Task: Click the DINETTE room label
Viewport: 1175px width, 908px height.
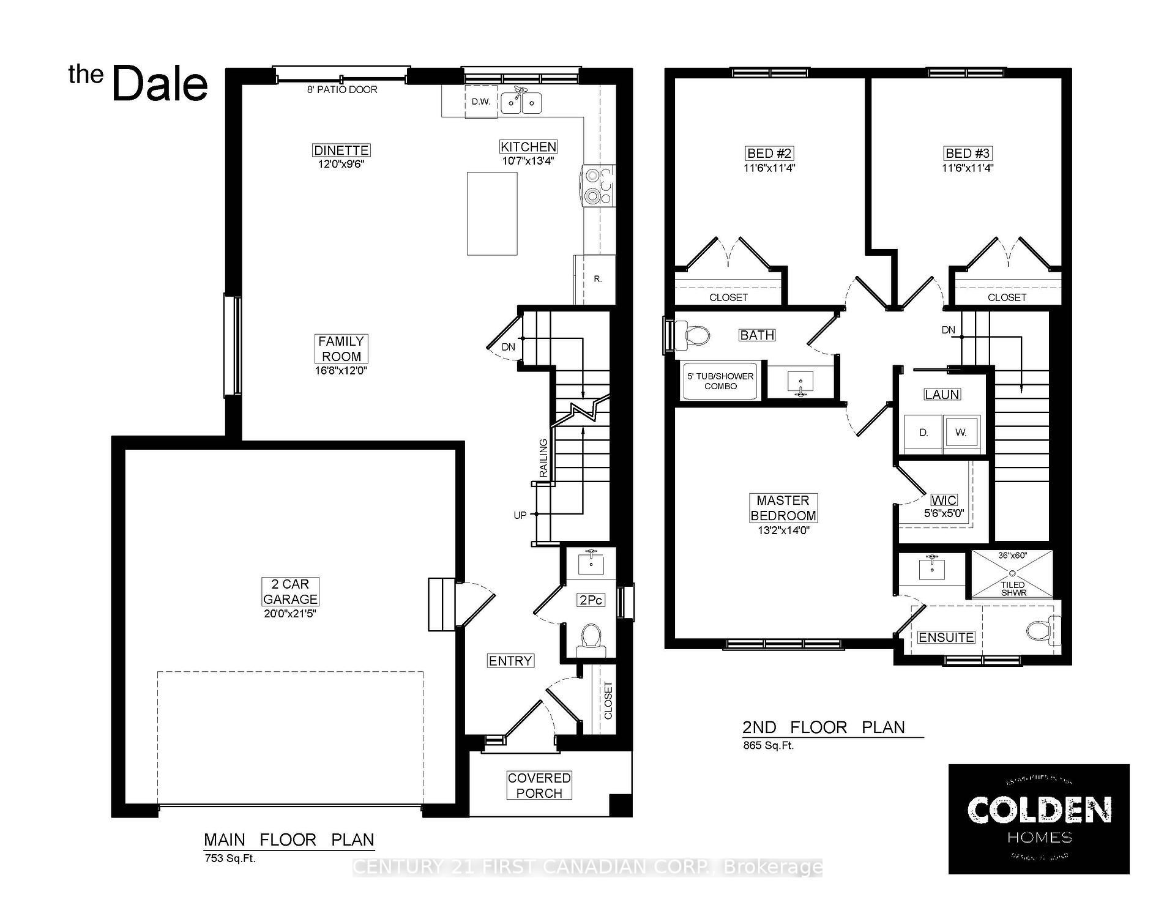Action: click(x=341, y=151)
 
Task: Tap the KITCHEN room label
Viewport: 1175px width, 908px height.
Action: click(x=528, y=147)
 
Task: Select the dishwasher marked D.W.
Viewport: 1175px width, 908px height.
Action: click(x=481, y=102)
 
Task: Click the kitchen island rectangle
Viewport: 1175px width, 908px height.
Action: click(x=492, y=214)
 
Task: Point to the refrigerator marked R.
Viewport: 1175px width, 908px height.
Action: click(x=597, y=279)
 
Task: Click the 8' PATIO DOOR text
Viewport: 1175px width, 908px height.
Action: click(x=342, y=89)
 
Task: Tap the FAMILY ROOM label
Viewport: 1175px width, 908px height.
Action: click(x=341, y=349)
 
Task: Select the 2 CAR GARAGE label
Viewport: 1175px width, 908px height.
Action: click(x=290, y=592)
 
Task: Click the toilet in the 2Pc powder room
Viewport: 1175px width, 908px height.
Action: click(x=591, y=637)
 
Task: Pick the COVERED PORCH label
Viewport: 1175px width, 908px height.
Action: click(x=539, y=786)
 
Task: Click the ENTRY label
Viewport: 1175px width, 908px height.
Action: click(x=510, y=661)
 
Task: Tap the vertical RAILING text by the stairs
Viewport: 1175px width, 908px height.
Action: click(x=543, y=458)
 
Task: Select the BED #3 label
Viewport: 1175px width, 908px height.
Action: click(x=968, y=154)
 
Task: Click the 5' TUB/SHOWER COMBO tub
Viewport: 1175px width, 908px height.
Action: click(x=720, y=381)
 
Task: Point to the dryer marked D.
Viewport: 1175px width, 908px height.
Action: click(x=923, y=433)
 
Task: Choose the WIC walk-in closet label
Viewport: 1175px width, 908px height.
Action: click(x=943, y=501)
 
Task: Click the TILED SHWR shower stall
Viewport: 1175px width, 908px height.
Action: click(x=1012, y=575)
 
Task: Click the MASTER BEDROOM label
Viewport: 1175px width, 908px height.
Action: click(x=783, y=508)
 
